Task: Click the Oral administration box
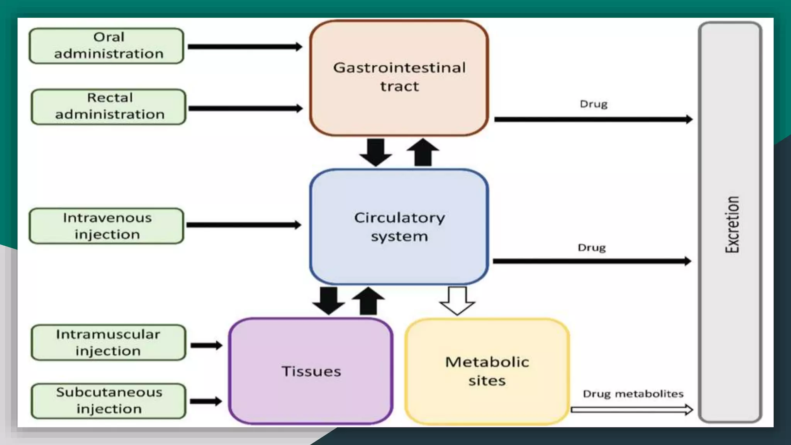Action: coord(106,46)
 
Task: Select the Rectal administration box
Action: coord(109,107)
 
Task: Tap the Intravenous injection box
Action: coord(106,226)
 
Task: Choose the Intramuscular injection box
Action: coord(109,343)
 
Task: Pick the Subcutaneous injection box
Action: coord(109,401)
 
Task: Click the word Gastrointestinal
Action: coord(399,68)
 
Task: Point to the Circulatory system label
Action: coord(399,227)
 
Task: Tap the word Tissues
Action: coord(311,372)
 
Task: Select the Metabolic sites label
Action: coord(487,371)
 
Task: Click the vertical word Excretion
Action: coord(732,224)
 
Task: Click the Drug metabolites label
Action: coord(633,394)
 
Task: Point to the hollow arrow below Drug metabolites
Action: coord(631,409)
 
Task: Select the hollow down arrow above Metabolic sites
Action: coord(457,301)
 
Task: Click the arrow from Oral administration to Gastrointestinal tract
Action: coord(245,47)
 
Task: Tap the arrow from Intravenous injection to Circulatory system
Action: coord(243,225)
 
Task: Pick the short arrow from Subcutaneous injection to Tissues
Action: coord(206,401)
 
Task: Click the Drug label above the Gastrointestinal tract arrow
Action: coord(594,104)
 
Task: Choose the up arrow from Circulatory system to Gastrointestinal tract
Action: coord(423,152)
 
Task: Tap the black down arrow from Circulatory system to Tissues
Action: coord(329,301)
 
